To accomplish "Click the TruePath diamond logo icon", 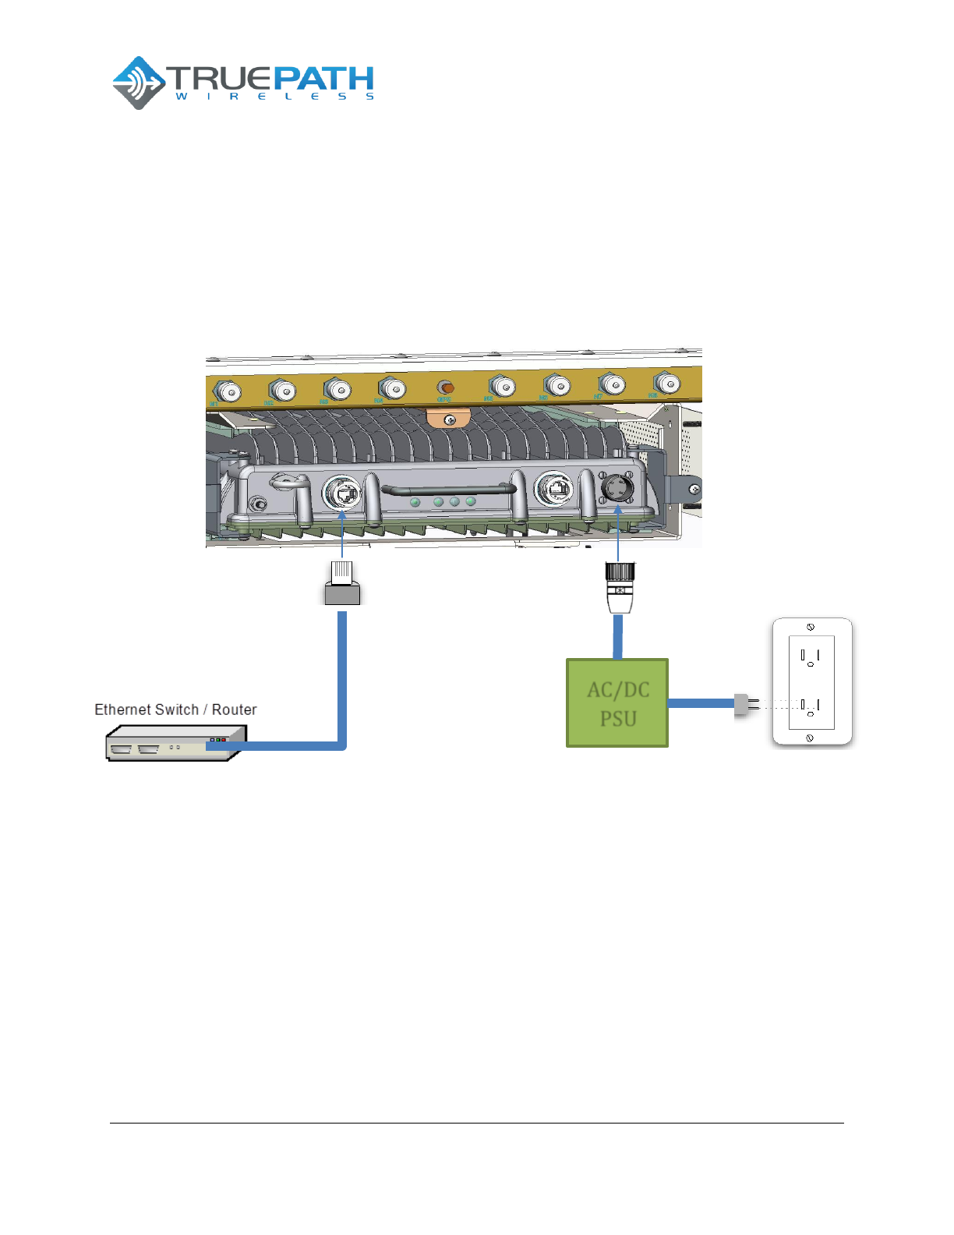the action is coord(139,83).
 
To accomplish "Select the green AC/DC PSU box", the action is coord(617,703).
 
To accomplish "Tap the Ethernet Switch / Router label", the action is coord(175,710).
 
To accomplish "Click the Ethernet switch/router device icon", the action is coord(176,743).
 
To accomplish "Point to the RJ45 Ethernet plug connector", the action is coord(342,582).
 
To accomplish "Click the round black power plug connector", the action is coord(620,587).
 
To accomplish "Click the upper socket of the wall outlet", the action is coord(811,656).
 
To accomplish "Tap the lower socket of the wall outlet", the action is coord(811,706).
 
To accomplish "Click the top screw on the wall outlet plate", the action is coord(811,627).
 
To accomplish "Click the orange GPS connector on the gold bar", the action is coord(446,387).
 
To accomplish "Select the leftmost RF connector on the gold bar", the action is coord(227,391).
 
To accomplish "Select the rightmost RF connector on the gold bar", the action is coord(666,383).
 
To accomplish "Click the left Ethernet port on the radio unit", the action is coord(342,493).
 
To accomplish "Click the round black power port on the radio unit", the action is coord(617,488).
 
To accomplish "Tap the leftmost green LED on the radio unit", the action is coord(415,502).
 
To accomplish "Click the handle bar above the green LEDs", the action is coord(448,490).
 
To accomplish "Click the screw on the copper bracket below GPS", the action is coord(449,420).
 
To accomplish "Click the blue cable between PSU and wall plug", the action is coord(701,703).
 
